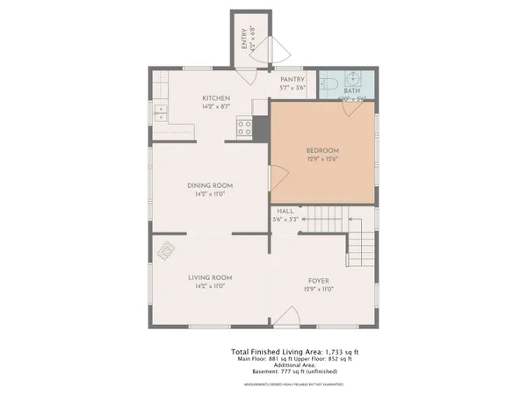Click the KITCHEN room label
pos(216,97)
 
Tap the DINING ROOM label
pos(209,185)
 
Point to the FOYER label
pos(319,280)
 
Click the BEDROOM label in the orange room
pos(322,150)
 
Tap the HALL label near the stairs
pos(285,212)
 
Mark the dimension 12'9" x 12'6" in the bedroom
pos(322,159)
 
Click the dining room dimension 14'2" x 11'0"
pos(209,194)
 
